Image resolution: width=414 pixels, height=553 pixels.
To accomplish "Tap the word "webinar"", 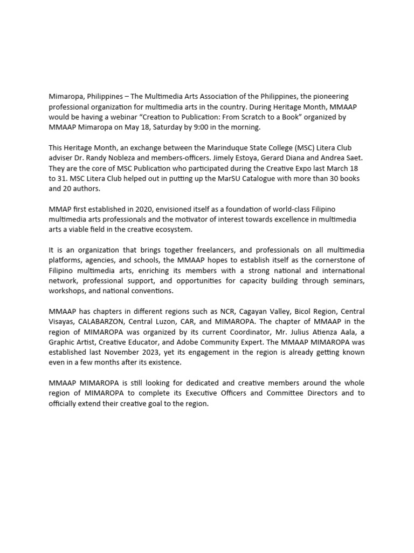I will pos(119,116).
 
